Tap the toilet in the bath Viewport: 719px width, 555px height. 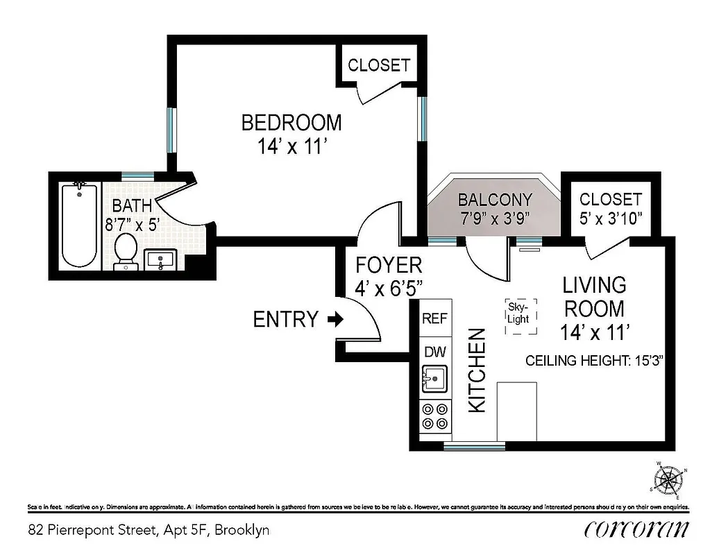click(126, 250)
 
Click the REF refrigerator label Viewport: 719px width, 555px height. click(435, 318)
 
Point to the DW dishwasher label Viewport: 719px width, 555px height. click(435, 352)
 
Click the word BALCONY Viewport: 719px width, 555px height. click(495, 200)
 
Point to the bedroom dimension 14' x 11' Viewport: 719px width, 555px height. click(291, 147)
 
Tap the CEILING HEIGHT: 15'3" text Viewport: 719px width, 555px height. click(595, 361)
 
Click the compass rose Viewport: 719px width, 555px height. click(669, 479)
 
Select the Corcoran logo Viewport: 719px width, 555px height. click(637, 529)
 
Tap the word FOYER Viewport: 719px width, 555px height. click(388, 265)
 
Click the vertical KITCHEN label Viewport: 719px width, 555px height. click(477, 370)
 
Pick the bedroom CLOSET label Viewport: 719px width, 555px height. click(379, 65)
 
